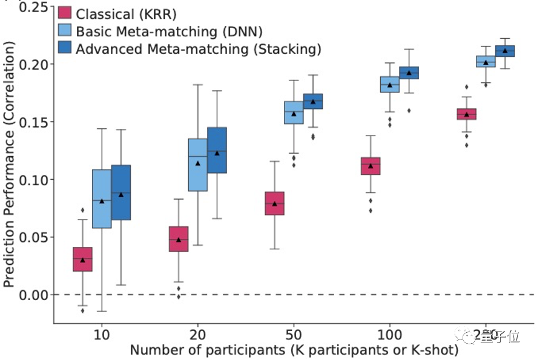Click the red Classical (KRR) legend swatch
(65, 13)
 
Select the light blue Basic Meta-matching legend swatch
(65, 31)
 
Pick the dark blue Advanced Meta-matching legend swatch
(65, 48)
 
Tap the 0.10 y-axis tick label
(33, 180)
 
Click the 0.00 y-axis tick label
(33, 295)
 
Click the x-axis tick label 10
(102, 333)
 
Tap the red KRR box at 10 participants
(82, 259)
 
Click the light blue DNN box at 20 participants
(197, 165)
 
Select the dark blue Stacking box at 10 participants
(121, 192)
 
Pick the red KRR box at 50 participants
(274, 203)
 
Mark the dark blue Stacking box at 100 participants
(409, 73)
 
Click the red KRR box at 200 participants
(466, 114)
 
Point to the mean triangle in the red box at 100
(371, 165)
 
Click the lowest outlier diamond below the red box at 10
(83, 310)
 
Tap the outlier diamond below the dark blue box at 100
(409, 110)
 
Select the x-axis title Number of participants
(294, 350)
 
